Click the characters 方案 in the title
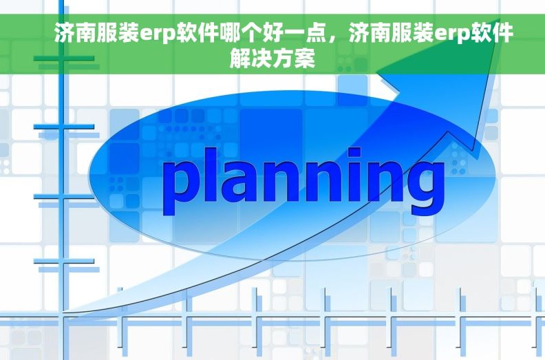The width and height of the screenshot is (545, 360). click(295, 59)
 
